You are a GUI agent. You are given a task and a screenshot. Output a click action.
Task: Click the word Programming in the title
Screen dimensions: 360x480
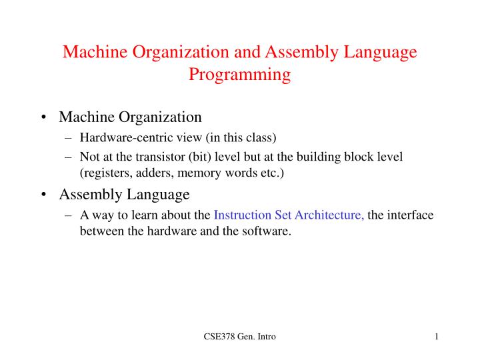(239, 75)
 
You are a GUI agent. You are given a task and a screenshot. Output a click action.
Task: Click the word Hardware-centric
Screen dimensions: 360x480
(119, 138)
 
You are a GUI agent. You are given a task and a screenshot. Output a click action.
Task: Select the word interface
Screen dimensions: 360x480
(410, 215)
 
